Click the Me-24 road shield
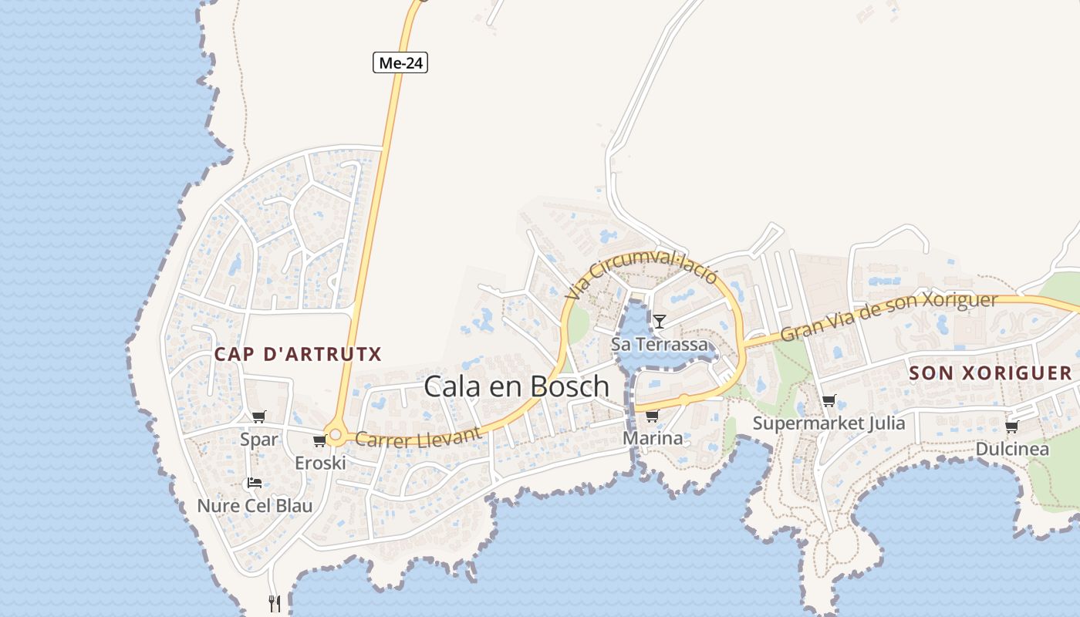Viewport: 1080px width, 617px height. pyautogui.click(x=400, y=62)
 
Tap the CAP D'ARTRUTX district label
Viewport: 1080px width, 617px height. pyautogui.click(x=298, y=354)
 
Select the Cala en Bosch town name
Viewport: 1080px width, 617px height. pyautogui.click(x=517, y=386)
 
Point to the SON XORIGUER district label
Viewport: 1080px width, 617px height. pyautogui.click(x=991, y=373)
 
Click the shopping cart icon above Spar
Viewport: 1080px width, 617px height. pyautogui.click(x=259, y=417)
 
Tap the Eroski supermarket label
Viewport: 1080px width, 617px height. pyautogui.click(x=320, y=463)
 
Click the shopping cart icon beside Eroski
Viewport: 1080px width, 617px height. pyautogui.click(x=319, y=440)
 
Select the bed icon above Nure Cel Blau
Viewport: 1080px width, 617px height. pyautogui.click(x=254, y=484)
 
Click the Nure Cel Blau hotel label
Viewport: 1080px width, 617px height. pyautogui.click(x=255, y=506)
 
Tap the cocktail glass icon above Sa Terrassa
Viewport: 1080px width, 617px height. pyautogui.click(x=660, y=322)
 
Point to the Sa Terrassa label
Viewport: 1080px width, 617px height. pyautogui.click(x=659, y=344)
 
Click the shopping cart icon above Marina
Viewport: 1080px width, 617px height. pyautogui.click(x=652, y=416)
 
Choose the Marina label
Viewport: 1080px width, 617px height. pyautogui.click(x=653, y=438)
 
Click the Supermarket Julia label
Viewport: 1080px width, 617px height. pyautogui.click(x=829, y=423)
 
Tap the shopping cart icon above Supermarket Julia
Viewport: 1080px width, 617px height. pyautogui.click(x=829, y=401)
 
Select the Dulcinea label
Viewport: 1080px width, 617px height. pyautogui.click(x=1012, y=449)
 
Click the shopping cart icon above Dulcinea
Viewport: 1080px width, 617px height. pyautogui.click(x=1011, y=427)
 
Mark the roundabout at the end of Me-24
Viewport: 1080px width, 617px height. pyautogui.click(x=336, y=434)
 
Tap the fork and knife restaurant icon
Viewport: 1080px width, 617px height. pyautogui.click(x=275, y=603)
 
